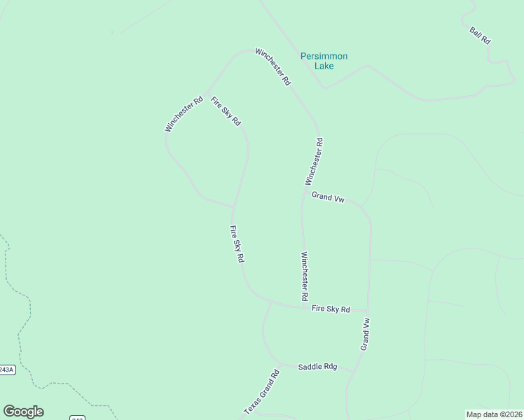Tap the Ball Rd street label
point(480,36)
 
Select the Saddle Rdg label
point(317,367)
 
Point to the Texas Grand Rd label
point(261,392)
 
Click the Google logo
point(23,412)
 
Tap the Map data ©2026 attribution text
point(493,414)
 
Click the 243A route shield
point(6,370)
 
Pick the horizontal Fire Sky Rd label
point(331,309)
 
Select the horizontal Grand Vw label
point(328,198)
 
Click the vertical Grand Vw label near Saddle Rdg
point(365,334)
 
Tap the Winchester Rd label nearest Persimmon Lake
point(273,66)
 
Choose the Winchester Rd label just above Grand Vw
point(314,161)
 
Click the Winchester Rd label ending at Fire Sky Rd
point(305,276)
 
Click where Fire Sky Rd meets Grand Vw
point(368,309)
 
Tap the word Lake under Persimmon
point(324,66)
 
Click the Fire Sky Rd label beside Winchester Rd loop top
point(226,111)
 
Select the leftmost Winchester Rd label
point(184,113)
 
